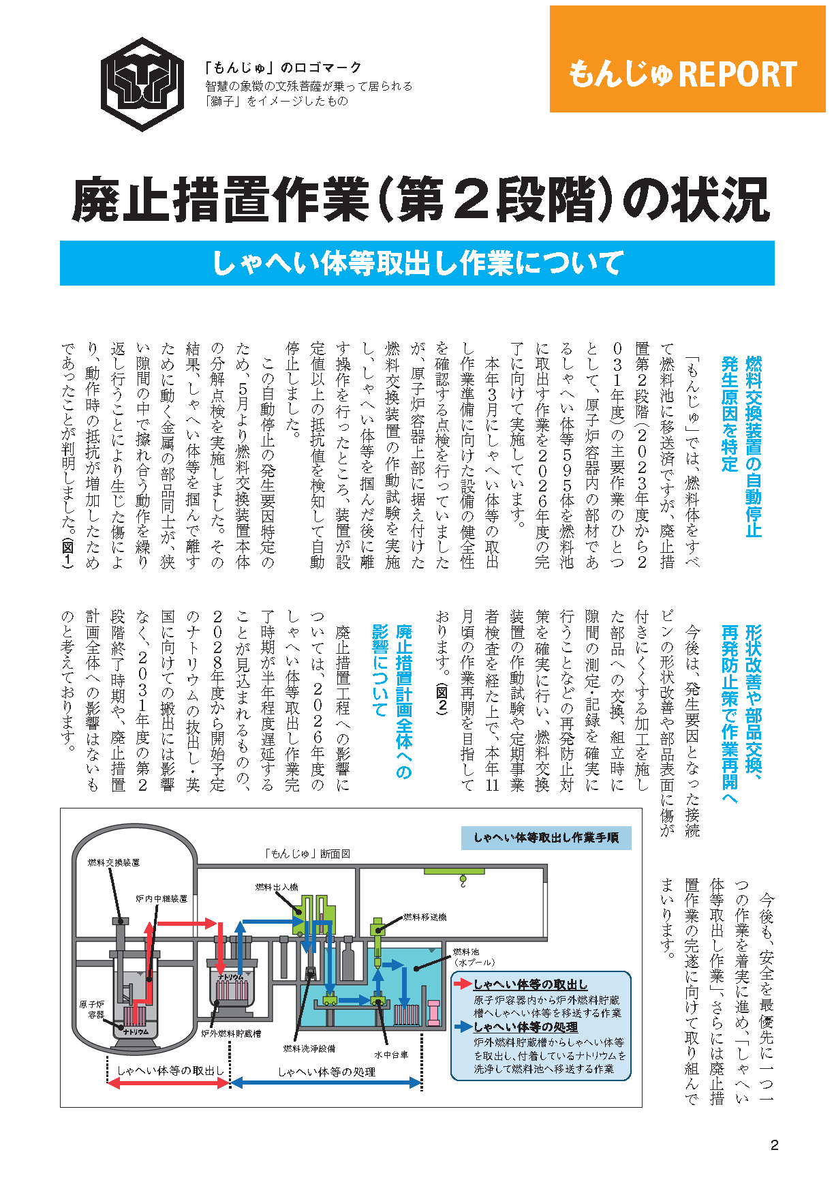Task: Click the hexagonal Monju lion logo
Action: (x=142, y=84)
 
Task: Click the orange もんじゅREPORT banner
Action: (x=687, y=59)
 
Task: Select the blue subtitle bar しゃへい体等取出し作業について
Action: (x=417, y=263)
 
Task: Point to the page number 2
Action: (x=774, y=1145)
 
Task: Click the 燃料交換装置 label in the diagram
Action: (x=114, y=862)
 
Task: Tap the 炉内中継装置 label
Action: (x=161, y=899)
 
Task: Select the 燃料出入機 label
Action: (x=277, y=887)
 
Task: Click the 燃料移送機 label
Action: (x=425, y=917)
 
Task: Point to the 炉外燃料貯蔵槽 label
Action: (x=231, y=1033)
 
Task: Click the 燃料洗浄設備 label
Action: (x=309, y=1048)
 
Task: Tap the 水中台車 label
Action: (x=391, y=1055)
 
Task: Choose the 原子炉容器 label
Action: (x=92, y=1010)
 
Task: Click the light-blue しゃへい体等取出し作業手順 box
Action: (x=546, y=838)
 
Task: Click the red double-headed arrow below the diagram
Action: (x=169, y=1083)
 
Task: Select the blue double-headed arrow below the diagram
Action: (x=326, y=1083)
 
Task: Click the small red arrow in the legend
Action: (x=463, y=984)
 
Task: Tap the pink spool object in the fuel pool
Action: (x=433, y=1012)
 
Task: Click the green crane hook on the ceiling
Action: (x=463, y=881)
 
